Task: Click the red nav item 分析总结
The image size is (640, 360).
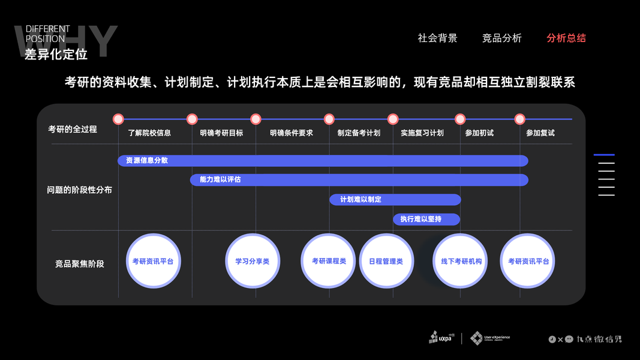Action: pos(566,38)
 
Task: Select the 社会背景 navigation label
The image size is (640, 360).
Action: pos(437,38)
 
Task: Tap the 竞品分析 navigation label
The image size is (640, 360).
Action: pos(501,38)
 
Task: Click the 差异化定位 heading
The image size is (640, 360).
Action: pos(56,55)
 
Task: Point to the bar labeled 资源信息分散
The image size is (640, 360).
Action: pos(323,161)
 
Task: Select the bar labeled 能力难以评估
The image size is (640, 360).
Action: pos(359,180)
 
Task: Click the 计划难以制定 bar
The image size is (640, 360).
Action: pos(395,200)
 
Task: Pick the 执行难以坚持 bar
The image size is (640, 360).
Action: pos(426,219)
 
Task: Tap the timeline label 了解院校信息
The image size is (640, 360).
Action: pos(149,133)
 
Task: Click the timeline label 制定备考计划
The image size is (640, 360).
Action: pos(359,133)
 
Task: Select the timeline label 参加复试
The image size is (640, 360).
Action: pos(540,133)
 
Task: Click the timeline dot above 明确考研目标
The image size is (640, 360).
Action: pos(192,119)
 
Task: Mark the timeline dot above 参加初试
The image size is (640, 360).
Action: pos(460,119)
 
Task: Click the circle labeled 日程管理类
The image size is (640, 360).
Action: pos(386,261)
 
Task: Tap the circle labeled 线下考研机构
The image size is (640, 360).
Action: pos(461,261)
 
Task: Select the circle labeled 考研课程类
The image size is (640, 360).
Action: pos(329,261)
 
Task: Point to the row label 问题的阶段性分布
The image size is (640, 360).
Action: pos(79,190)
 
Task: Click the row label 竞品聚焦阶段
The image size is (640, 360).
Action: pos(79,263)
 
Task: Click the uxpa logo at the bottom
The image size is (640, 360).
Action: pos(442,337)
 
